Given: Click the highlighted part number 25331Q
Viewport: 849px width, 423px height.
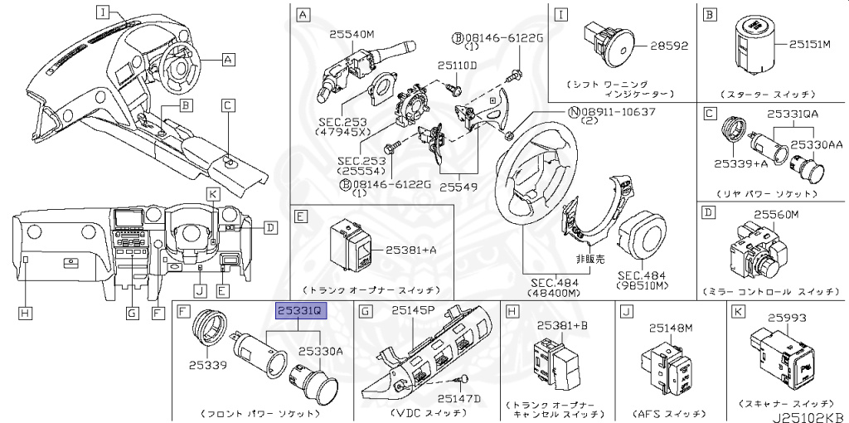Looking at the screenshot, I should click(x=303, y=311).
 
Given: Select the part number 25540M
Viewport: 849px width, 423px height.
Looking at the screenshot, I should click(x=352, y=34).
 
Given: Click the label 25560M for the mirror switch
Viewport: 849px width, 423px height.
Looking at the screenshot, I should click(x=776, y=214).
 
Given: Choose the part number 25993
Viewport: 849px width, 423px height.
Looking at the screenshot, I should click(x=788, y=316).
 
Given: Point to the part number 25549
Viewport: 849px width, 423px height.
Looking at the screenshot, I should click(x=458, y=187).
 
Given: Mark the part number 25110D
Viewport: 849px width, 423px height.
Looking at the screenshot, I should click(x=458, y=65).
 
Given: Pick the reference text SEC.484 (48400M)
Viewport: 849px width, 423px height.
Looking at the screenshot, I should click(x=551, y=287).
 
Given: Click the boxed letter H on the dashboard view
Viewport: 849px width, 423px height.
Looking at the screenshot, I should click(x=27, y=313).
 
